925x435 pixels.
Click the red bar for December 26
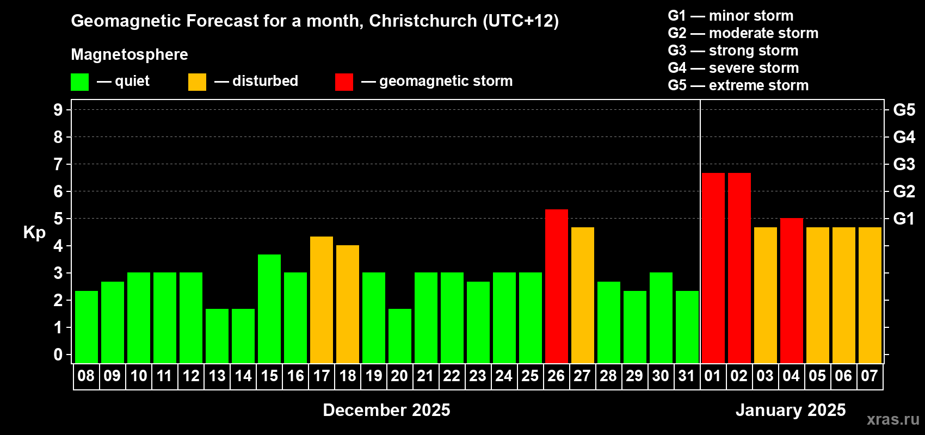coord(556,286)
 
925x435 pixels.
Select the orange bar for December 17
coord(321,300)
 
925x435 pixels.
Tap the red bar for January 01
coord(713,268)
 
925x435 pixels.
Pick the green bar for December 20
coord(399,335)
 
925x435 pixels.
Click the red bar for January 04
coord(791,290)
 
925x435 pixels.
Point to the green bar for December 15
coord(269,308)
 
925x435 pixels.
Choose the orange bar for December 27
coord(582,295)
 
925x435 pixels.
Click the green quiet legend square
coord(79,82)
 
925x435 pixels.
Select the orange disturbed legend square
coord(197,82)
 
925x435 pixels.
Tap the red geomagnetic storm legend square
coord(344,82)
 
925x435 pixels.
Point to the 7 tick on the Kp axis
coord(58,164)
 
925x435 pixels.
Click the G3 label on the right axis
coord(904,164)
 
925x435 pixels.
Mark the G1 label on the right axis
coord(904,219)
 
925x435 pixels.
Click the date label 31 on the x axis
coord(687,376)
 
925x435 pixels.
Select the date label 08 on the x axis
coord(86,376)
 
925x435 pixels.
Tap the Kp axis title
coord(34,232)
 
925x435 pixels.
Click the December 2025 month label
coord(386,410)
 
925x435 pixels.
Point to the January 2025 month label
coord(791,410)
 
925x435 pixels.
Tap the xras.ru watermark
coord(893,419)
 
